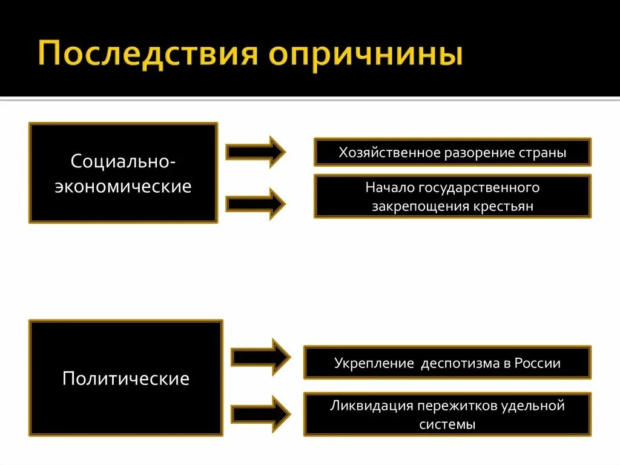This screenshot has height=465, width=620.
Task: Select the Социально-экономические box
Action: tap(123, 173)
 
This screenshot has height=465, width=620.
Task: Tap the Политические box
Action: tap(126, 379)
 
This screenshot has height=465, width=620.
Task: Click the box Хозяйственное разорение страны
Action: tap(452, 152)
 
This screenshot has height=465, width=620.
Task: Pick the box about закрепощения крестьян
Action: tap(452, 196)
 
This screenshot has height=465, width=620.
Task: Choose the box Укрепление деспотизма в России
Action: tap(447, 363)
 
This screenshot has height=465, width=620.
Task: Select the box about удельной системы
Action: tap(447, 414)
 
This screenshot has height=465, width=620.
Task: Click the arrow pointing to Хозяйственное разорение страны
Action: tap(255, 152)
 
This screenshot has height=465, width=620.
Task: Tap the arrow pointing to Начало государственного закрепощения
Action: tap(255, 204)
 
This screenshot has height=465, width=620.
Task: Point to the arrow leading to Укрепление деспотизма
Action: tap(261, 357)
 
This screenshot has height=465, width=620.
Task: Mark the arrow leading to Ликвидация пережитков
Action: tap(261, 415)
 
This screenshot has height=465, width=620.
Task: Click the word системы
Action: tap(447, 424)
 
